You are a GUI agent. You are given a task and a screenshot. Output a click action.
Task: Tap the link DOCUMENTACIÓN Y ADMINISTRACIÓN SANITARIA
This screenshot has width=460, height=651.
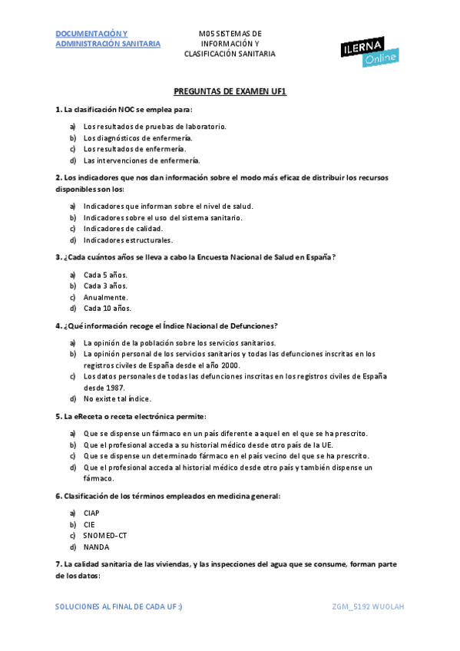(108, 39)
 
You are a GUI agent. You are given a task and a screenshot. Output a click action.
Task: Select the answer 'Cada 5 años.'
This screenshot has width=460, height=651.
(105, 275)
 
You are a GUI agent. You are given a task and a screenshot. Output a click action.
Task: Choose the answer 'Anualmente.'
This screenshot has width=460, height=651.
(106, 297)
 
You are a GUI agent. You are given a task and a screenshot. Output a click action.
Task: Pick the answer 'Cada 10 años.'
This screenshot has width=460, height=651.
(108, 309)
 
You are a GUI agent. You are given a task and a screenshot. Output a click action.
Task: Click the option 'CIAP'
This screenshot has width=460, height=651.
(91, 513)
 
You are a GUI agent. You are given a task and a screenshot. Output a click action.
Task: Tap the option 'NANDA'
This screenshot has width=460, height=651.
(96, 547)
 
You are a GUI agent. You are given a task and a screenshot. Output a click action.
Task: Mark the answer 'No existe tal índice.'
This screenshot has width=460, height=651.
(117, 399)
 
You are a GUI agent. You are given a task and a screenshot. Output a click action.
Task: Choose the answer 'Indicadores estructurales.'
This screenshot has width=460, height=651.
(128, 240)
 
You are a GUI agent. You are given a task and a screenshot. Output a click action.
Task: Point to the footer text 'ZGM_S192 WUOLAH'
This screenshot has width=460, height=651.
(368, 606)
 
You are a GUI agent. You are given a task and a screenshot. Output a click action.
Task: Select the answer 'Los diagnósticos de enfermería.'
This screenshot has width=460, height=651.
(137, 137)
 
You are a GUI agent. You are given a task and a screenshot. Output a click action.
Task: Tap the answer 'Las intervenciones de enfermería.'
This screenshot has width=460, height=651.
(141, 160)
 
